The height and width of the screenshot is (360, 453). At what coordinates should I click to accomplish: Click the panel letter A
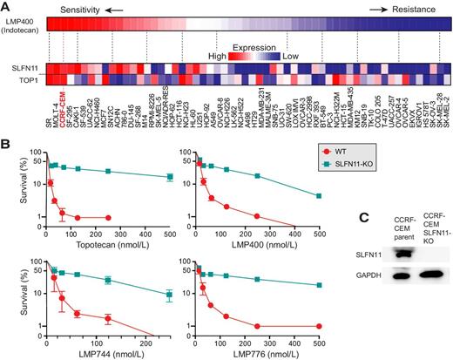(x=7, y=6)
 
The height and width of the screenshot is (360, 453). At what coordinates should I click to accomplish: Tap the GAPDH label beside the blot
(x=351, y=301)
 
